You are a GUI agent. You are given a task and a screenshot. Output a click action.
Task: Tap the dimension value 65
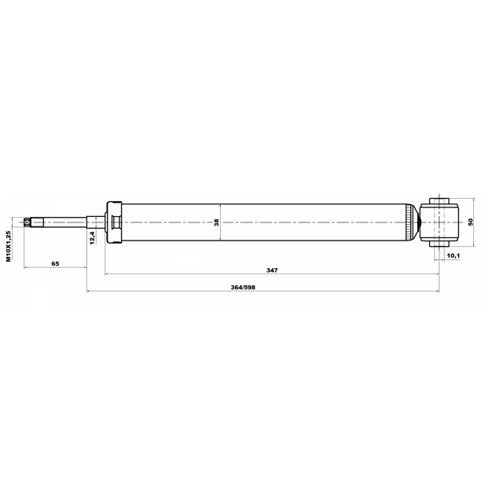(55, 264)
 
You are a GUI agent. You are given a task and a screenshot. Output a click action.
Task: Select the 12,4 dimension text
(93, 237)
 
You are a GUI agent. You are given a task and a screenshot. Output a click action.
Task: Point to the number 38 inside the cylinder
(217, 222)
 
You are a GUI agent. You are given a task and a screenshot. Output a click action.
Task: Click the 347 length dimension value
(272, 270)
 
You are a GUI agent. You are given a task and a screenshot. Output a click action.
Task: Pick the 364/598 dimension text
(243, 288)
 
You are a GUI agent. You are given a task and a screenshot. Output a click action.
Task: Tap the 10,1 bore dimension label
(453, 255)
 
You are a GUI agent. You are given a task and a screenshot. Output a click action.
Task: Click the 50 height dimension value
(471, 222)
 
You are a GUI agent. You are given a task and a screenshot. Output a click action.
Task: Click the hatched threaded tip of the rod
(28, 222)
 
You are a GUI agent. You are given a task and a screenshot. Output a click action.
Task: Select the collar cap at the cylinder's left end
(114, 222)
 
